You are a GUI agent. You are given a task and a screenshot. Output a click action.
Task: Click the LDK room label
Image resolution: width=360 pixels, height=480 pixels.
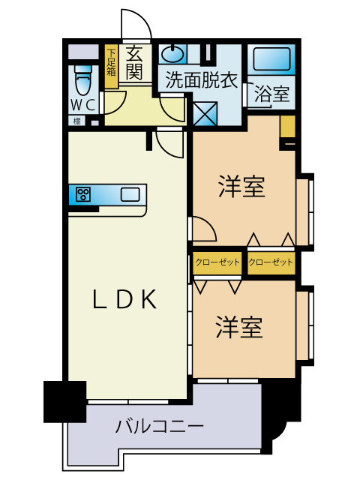(124, 299)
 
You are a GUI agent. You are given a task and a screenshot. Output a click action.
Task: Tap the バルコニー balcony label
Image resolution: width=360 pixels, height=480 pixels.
(160, 428)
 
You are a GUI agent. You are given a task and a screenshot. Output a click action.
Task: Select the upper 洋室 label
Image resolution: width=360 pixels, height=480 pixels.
(242, 187)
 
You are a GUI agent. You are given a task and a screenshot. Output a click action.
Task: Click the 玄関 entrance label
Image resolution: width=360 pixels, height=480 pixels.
(134, 62)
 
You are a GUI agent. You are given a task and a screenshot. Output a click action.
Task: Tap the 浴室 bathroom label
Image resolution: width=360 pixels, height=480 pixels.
(271, 95)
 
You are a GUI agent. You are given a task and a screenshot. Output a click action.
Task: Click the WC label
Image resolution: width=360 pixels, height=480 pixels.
(83, 104)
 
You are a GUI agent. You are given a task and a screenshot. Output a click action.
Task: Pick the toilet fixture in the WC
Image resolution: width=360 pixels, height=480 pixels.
(83, 77)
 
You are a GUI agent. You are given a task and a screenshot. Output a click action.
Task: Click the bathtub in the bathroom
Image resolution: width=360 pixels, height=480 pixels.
(272, 59)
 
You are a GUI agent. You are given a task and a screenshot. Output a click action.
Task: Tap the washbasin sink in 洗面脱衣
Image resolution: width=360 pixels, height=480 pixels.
(172, 54)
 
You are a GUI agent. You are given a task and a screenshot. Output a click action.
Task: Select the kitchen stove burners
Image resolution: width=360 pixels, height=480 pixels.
(82, 195)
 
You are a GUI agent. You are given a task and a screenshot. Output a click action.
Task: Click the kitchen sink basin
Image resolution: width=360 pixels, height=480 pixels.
(130, 195)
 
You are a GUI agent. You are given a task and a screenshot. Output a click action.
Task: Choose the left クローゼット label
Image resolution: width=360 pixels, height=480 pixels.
(217, 262)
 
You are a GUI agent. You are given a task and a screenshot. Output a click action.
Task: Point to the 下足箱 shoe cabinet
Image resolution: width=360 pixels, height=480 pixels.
(111, 67)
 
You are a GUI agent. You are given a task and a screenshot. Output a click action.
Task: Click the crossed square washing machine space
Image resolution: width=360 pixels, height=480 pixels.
(205, 112)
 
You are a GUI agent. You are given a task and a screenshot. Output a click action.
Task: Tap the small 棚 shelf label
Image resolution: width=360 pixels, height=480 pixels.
(76, 121)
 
